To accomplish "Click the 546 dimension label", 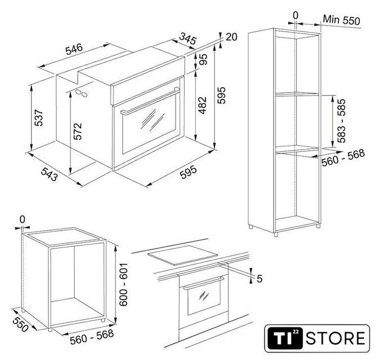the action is (x=74, y=49).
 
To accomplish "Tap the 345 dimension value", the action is (x=188, y=39).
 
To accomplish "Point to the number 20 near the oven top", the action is (x=231, y=37).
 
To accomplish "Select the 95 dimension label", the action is (x=203, y=59).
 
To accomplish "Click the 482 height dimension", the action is (x=203, y=105).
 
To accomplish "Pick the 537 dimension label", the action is (x=38, y=118).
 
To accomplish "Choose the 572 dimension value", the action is (x=78, y=132).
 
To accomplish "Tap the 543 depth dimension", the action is (x=50, y=174).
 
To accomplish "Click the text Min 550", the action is (x=342, y=20).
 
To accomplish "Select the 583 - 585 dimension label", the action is (x=341, y=121).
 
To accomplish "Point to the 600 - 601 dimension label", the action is (x=124, y=285).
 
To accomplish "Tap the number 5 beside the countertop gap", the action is (x=259, y=279).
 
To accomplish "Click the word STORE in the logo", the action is (x=335, y=338).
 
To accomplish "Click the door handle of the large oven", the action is (x=150, y=102).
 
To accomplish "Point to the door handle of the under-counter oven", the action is (x=204, y=283).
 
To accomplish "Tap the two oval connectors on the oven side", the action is (x=81, y=93).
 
